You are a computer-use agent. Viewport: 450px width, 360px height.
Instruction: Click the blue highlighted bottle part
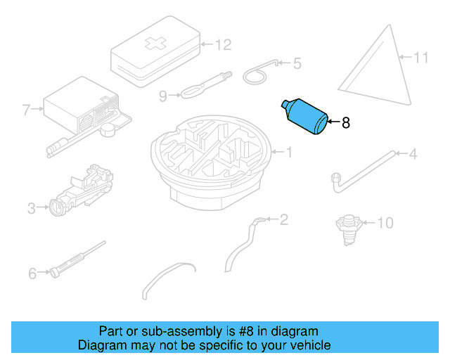305,117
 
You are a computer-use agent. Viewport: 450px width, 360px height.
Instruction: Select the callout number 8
346,123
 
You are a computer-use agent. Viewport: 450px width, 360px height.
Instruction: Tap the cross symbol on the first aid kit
155,43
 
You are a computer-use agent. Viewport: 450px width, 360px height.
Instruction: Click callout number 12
224,45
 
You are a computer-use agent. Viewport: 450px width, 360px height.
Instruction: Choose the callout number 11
421,58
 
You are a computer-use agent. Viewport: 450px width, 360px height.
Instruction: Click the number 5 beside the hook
297,63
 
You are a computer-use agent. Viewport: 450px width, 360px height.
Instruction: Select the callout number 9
163,96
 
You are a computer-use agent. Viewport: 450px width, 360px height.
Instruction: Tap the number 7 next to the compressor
26,110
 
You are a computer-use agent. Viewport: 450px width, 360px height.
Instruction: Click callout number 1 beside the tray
289,152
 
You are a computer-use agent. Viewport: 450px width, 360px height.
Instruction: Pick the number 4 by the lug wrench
413,154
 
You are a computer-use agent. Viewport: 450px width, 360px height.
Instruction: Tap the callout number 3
32,208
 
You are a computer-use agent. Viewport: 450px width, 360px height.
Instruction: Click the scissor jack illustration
82,189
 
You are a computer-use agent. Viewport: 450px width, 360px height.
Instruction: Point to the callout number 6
32,274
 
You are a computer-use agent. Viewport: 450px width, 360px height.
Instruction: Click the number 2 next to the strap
283,219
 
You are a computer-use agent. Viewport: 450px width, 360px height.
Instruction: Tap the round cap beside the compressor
108,129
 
